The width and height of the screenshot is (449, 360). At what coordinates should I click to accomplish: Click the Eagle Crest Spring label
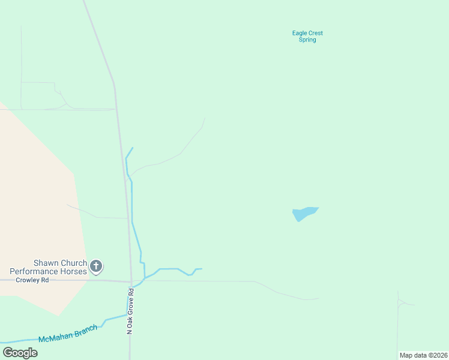click(x=307, y=37)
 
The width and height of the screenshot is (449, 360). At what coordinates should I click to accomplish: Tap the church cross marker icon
click(x=96, y=266)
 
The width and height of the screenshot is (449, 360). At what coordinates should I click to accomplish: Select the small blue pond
click(x=304, y=213)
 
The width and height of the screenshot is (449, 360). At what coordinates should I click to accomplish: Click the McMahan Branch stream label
click(x=68, y=334)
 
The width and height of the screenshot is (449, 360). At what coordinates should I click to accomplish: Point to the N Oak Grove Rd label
click(x=129, y=312)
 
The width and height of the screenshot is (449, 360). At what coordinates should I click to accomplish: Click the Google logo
click(x=20, y=353)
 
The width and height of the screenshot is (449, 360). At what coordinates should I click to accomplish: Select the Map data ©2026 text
click(x=423, y=355)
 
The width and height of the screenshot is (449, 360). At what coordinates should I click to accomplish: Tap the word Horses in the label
click(x=73, y=272)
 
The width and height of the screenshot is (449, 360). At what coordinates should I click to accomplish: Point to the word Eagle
click(x=300, y=34)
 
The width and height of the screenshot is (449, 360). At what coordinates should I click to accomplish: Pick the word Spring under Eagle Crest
click(x=307, y=40)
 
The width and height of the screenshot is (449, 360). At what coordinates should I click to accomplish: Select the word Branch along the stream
click(x=86, y=331)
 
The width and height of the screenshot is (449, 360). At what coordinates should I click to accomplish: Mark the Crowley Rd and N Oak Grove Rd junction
click(x=131, y=281)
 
